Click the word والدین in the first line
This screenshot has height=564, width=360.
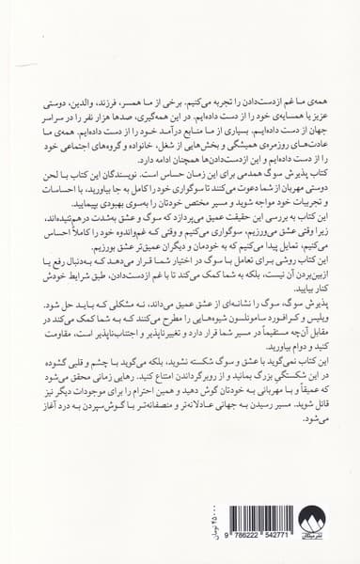click(92, 123)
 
